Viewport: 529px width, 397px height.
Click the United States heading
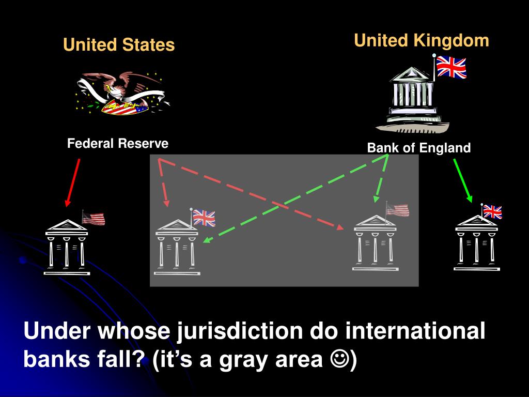[x=119, y=45]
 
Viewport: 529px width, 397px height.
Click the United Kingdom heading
[x=422, y=40]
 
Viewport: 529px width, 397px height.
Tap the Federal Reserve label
[x=118, y=144]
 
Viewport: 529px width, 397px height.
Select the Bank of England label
[x=419, y=148]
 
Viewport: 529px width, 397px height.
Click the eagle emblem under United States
[x=122, y=93]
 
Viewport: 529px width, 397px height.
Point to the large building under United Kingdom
[x=412, y=99]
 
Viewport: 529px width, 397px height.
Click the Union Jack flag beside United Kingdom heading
[x=451, y=67]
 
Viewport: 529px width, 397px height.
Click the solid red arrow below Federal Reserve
[x=72, y=181]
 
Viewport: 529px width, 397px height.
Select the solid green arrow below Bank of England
[x=463, y=179]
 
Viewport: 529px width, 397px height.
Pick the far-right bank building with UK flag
[x=476, y=243]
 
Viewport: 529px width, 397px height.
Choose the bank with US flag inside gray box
[x=376, y=243]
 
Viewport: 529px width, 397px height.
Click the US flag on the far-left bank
[x=94, y=219]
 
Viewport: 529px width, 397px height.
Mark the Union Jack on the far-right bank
[x=493, y=212]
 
